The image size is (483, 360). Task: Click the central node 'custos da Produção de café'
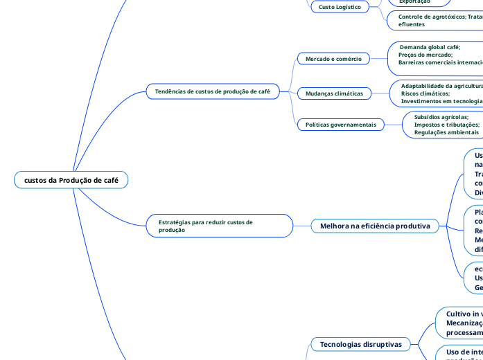point(71,180)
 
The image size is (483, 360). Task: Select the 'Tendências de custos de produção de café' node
point(212,91)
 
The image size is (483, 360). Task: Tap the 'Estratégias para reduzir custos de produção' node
point(219,226)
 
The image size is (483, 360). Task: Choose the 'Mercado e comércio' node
point(333,59)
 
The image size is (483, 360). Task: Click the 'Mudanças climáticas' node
point(334,93)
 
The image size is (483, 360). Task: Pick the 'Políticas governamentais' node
point(340,125)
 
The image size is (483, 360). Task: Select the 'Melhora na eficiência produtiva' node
point(375,226)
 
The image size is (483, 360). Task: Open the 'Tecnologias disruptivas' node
point(361,344)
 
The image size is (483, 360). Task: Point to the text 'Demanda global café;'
point(430,47)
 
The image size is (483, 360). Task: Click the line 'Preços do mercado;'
point(425,55)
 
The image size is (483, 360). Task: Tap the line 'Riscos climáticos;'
point(425,93)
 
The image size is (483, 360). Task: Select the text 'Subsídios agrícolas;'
point(441,117)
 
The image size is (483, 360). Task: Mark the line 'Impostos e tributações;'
point(446,125)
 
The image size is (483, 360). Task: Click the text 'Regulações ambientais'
point(446,132)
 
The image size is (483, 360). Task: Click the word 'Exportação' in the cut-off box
point(414,2)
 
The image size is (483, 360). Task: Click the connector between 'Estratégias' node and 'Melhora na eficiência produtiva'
point(302,226)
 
